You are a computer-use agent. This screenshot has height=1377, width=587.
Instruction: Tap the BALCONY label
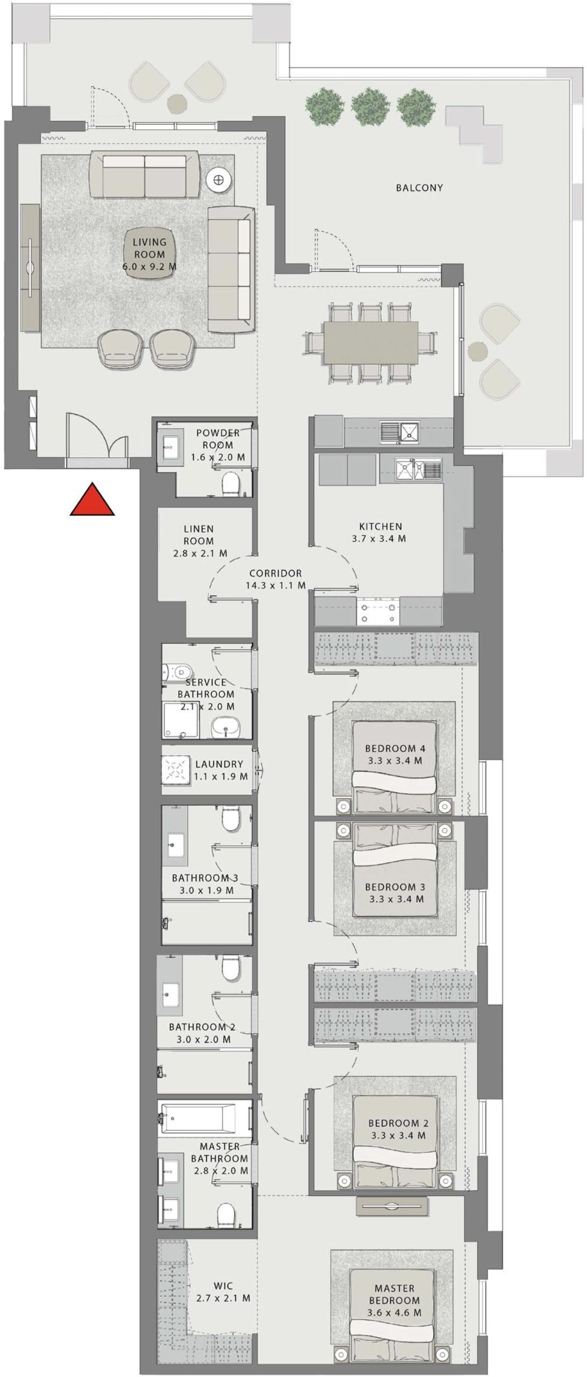[x=419, y=188]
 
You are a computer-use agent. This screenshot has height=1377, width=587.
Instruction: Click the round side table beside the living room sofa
[x=219, y=180]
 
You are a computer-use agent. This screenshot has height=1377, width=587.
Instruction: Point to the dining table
[x=370, y=342]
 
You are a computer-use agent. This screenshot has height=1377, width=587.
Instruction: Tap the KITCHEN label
[x=381, y=527]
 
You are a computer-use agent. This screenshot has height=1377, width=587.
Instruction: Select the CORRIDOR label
[x=275, y=573]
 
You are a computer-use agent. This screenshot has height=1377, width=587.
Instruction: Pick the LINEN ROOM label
[x=199, y=535]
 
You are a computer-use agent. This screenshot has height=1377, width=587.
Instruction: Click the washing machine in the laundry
[x=176, y=770]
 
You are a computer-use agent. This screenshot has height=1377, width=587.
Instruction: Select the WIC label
[x=223, y=1286]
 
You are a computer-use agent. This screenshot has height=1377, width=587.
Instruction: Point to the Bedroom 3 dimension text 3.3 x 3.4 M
[x=396, y=899]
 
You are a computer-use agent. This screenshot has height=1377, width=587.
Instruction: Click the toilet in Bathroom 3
[x=231, y=819]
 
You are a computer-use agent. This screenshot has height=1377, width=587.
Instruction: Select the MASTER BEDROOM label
[x=394, y=1294]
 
